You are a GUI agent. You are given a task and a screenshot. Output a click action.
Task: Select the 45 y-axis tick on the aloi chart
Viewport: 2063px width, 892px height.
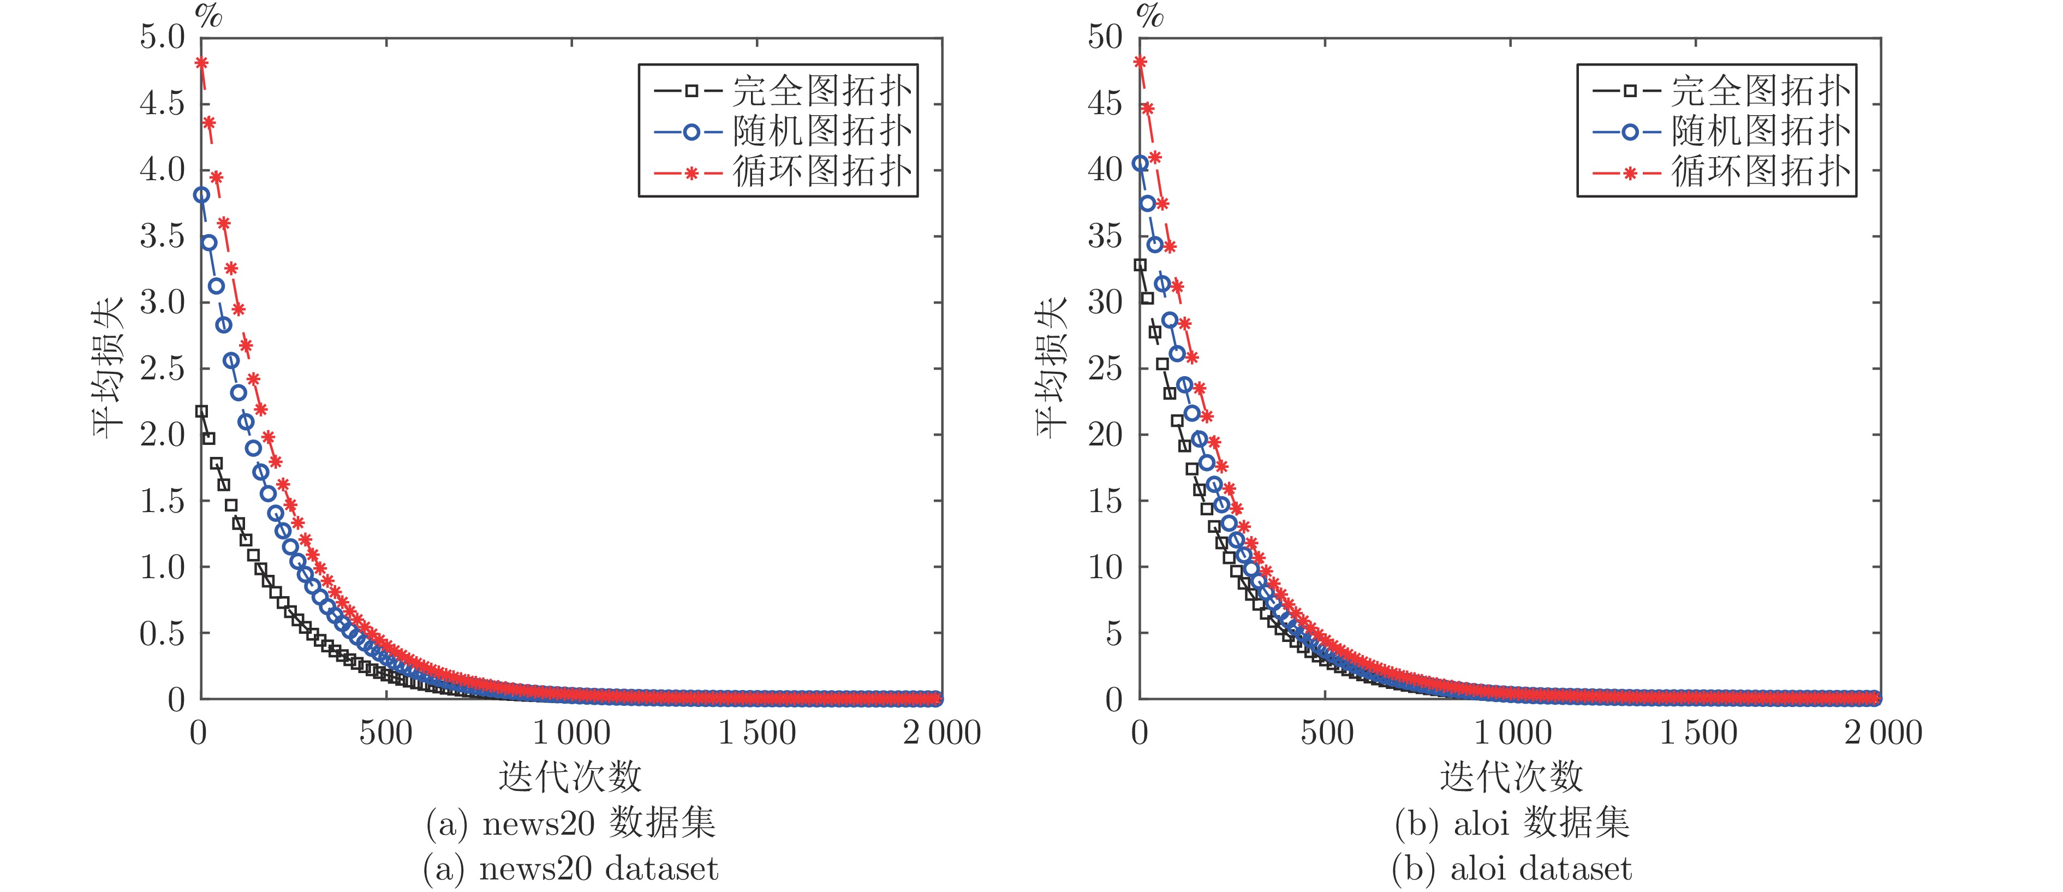point(1105,103)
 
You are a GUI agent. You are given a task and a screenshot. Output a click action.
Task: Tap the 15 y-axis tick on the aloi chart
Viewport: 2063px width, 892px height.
point(1105,501)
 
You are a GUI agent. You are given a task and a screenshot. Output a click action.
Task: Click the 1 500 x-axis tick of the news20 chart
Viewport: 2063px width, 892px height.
point(757,733)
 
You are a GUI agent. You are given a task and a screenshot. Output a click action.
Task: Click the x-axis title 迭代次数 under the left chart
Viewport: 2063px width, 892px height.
point(570,776)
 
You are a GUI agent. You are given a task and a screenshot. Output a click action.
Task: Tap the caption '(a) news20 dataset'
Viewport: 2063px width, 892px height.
point(570,869)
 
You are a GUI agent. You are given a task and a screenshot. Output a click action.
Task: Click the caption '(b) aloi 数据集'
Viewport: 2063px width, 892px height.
point(1512,823)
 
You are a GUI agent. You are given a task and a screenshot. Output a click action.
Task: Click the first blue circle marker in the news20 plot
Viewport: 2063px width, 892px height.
point(202,194)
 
